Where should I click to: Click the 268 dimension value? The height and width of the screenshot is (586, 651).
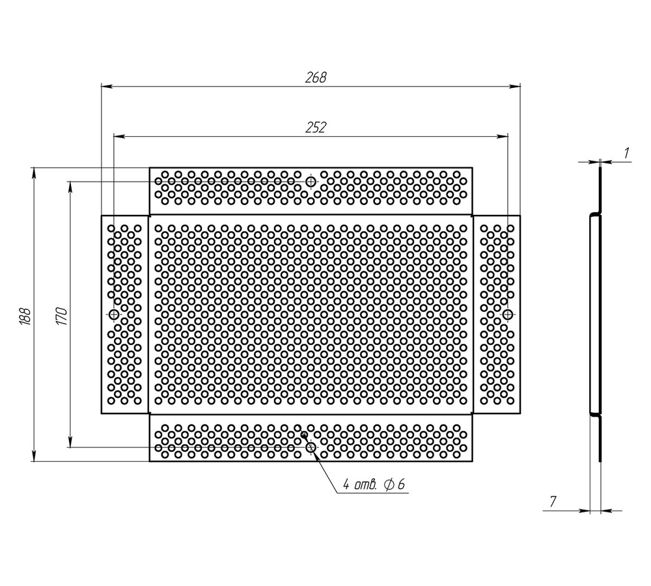pyautogui.click(x=316, y=77)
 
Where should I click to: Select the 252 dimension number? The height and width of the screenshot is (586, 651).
pyautogui.click(x=316, y=128)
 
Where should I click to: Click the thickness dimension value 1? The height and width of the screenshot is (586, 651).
pyautogui.click(x=627, y=153)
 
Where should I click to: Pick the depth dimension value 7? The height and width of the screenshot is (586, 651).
pyautogui.click(x=553, y=502)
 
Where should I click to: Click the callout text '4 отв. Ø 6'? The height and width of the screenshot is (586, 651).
pyautogui.click(x=373, y=484)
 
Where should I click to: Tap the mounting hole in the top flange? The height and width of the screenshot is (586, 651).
pyautogui.click(x=311, y=182)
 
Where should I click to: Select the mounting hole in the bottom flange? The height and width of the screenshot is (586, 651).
pyautogui.click(x=311, y=447)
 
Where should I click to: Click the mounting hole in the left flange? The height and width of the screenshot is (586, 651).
pyautogui.click(x=114, y=314)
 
